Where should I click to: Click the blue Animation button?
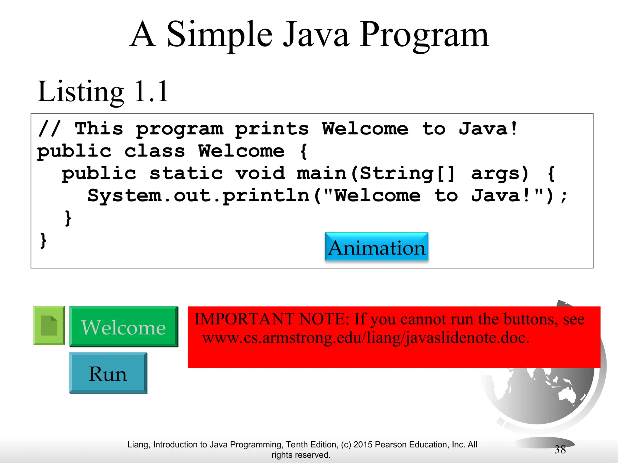click(376, 247)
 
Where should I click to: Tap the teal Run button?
click(108, 373)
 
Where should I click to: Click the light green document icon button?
click(49, 326)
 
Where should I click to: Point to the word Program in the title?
click(423, 35)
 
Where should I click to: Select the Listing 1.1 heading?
click(102, 91)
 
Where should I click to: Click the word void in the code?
click(260, 173)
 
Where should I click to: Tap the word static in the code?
click(186, 173)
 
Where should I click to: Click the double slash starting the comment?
click(50, 129)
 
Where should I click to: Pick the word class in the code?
click(154, 151)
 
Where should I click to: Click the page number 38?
click(560, 449)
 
